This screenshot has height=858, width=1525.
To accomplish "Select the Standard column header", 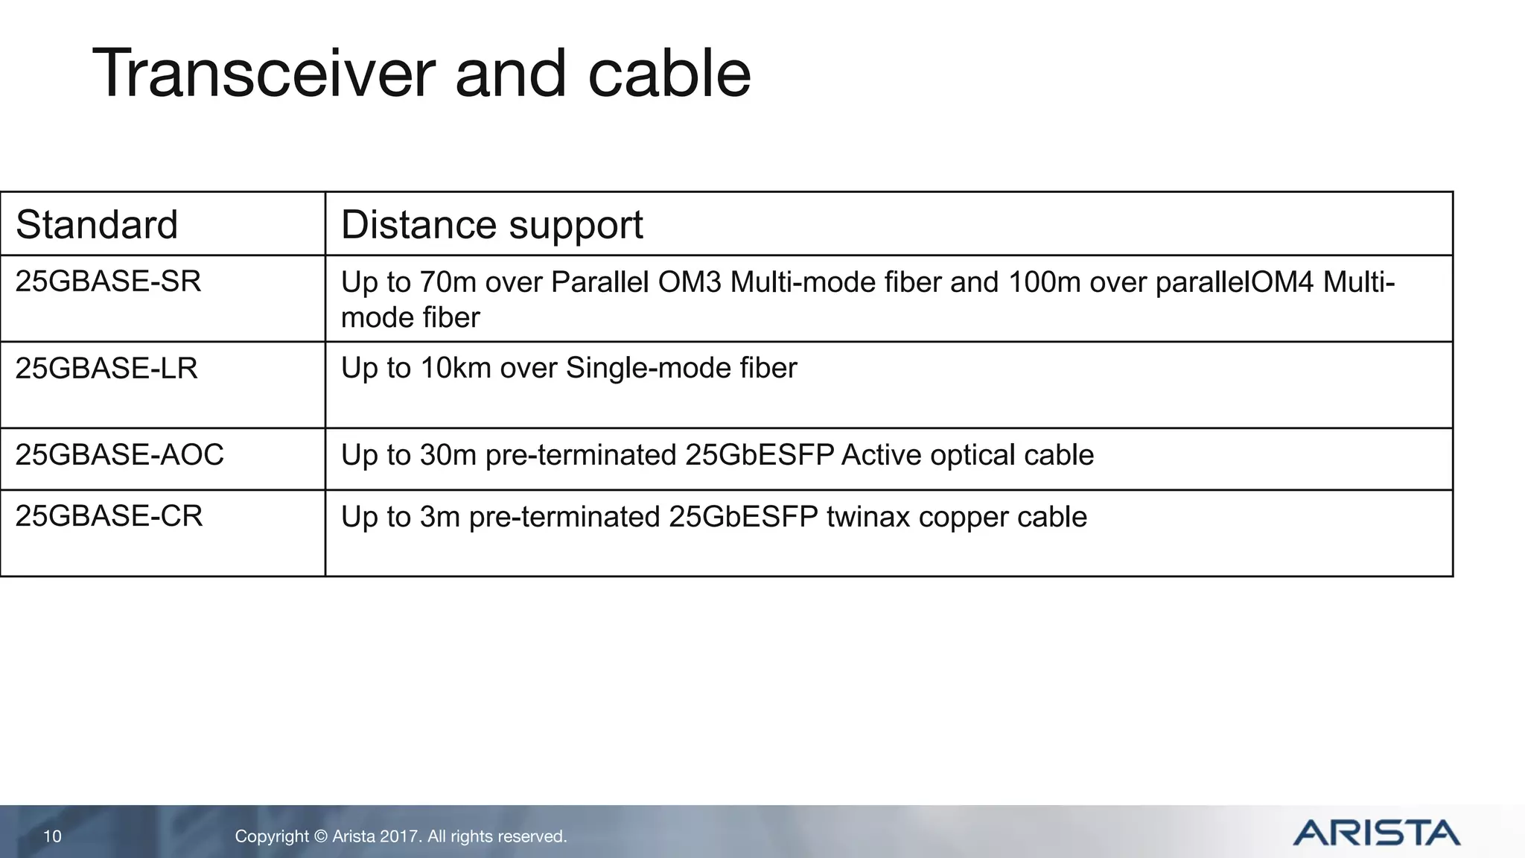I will coord(97,224).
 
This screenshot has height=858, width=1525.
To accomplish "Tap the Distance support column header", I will coord(491,224).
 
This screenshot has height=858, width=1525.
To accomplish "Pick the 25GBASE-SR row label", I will coord(108,282).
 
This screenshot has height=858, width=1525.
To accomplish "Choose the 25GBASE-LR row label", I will coord(106,369).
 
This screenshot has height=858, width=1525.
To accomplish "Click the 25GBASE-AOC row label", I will coord(119,455).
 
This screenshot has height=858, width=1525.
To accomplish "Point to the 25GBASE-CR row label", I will coord(109,516).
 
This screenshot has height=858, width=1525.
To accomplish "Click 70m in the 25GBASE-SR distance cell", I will coord(448,283).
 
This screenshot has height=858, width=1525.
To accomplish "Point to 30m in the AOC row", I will coord(448,455).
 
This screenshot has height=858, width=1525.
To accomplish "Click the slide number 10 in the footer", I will coord(52,836).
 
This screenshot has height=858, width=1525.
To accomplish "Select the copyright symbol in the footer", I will coord(320,836).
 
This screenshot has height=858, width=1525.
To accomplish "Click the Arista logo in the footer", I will coord(1376,833).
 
